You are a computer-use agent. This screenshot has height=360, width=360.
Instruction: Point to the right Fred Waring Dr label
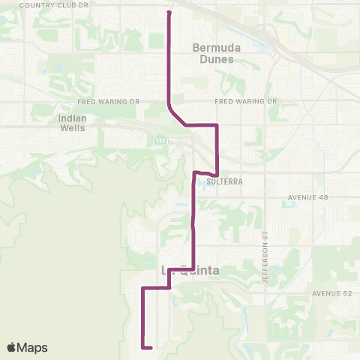coord(246,100)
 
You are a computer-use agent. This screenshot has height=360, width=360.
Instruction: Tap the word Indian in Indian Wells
coord(72,118)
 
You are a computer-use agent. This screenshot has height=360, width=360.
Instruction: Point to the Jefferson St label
coord(265,267)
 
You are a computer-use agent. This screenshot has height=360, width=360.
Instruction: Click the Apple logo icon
coord(12,347)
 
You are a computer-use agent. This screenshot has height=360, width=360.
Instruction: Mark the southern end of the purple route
coord(151,348)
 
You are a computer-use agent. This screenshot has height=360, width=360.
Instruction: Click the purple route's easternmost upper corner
coord(217,124)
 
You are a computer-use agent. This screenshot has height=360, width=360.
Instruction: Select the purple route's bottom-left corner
coord(142,347)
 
